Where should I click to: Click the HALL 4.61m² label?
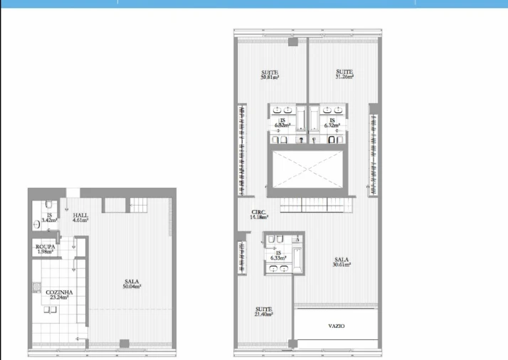(x=80, y=218)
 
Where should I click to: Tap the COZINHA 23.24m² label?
(x=59, y=295)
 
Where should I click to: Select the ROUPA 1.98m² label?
(x=46, y=248)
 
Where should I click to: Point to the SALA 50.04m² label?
(x=131, y=284)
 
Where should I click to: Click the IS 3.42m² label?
(x=49, y=218)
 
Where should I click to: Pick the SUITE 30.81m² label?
(x=270, y=74)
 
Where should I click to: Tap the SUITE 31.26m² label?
(x=344, y=74)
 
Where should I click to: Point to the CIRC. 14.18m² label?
(x=259, y=215)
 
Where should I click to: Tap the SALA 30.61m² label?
(x=342, y=263)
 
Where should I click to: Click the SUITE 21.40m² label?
(x=264, y=311)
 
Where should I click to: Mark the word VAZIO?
(x=337, y=326)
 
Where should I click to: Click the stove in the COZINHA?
(x=35, y=290)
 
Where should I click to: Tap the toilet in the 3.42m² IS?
(x=38, y=223)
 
